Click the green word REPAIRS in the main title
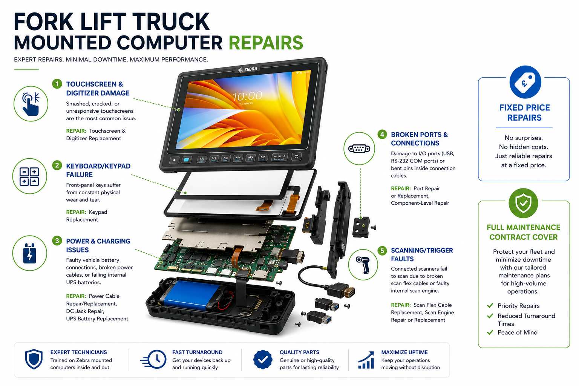tap(266, 43)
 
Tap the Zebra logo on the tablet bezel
tap(248, 69)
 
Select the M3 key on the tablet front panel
tap(226, 158)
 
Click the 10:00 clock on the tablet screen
tap(247, 96)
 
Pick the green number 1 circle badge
tap(57, 84)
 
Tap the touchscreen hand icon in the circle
tap(31, 104)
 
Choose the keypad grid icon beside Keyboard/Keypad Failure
tap(29, 176)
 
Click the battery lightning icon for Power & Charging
tap(29, 253)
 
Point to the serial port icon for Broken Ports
tap(359, 149)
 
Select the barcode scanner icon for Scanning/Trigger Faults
tap(363, 265)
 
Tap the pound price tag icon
tap(525, 82)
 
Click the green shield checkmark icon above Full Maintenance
tap(524, 203)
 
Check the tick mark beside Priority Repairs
tap(490, 306)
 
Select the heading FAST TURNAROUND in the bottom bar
tap(197, 352)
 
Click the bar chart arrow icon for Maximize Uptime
tap(366, 360)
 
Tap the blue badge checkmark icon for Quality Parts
tap(263, 360)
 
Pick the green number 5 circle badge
tap(382, 251)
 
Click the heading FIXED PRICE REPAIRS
tap(524, 113)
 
